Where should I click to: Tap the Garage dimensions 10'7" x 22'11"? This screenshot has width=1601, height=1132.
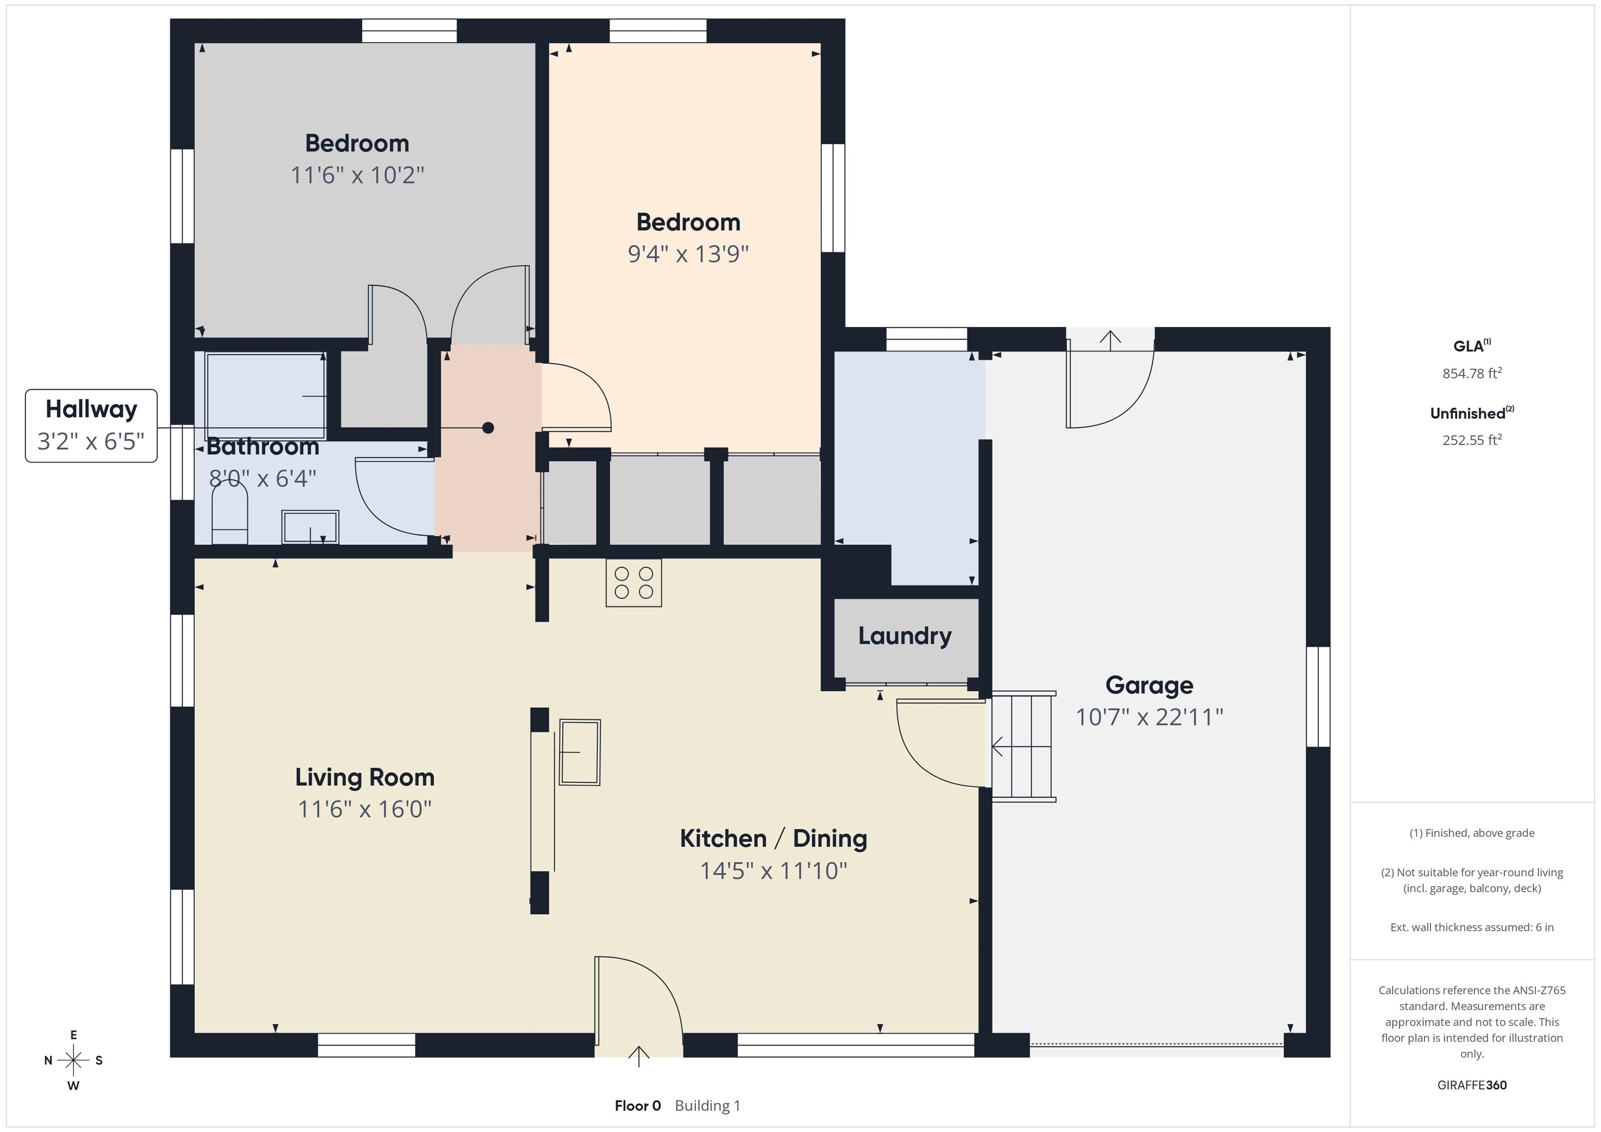(x=1149, y=717)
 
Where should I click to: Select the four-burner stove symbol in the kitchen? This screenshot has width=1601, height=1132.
(x=633, y=583)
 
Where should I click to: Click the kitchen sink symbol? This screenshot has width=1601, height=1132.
(x=579, y=752)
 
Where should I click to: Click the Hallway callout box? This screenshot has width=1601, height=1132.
(x=91, y=425)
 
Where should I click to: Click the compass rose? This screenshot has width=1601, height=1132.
(x=73, y=1060)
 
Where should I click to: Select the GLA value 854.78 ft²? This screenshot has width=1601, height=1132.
(x=1472, y=373)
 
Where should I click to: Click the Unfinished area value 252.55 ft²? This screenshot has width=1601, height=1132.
(x=1472, y=440)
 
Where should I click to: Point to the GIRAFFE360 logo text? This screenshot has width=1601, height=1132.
(x=1472, y=1085)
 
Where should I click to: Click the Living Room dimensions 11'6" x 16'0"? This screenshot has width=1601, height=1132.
(x=365, y=808)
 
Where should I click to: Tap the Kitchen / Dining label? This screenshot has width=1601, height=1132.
(x=773, y=839)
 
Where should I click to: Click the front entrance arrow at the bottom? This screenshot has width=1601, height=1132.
(x=639, y=1056)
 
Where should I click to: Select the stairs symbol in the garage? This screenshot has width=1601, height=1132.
(x=1022, y=747)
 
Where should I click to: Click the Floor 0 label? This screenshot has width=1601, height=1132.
(x=637, y=1105)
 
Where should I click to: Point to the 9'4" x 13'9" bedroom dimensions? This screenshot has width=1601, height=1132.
(x=688, y=253)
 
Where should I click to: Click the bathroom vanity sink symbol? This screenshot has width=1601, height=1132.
(x=310, y=527)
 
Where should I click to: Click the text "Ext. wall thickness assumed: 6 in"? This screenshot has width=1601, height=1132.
(x=1472, y=927)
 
